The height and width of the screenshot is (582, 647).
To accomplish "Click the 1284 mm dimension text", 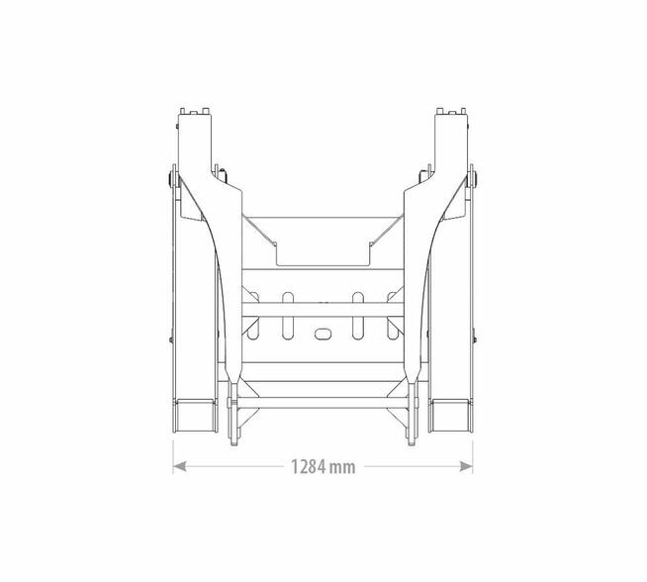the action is tap(323, 467).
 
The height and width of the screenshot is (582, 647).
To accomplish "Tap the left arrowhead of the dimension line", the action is tap(179, 466).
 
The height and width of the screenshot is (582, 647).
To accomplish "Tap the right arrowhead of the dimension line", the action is tap(466, 466).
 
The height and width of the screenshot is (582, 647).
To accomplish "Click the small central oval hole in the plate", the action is tap(323, 334).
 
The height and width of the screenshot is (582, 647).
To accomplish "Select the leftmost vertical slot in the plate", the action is tap(252, 316).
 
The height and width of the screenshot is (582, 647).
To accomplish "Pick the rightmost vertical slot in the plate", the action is tap(394, 316).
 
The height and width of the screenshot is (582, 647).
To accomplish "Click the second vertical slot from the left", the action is tap(288, 316).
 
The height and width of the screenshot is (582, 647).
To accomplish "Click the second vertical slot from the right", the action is tap(358, 316).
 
